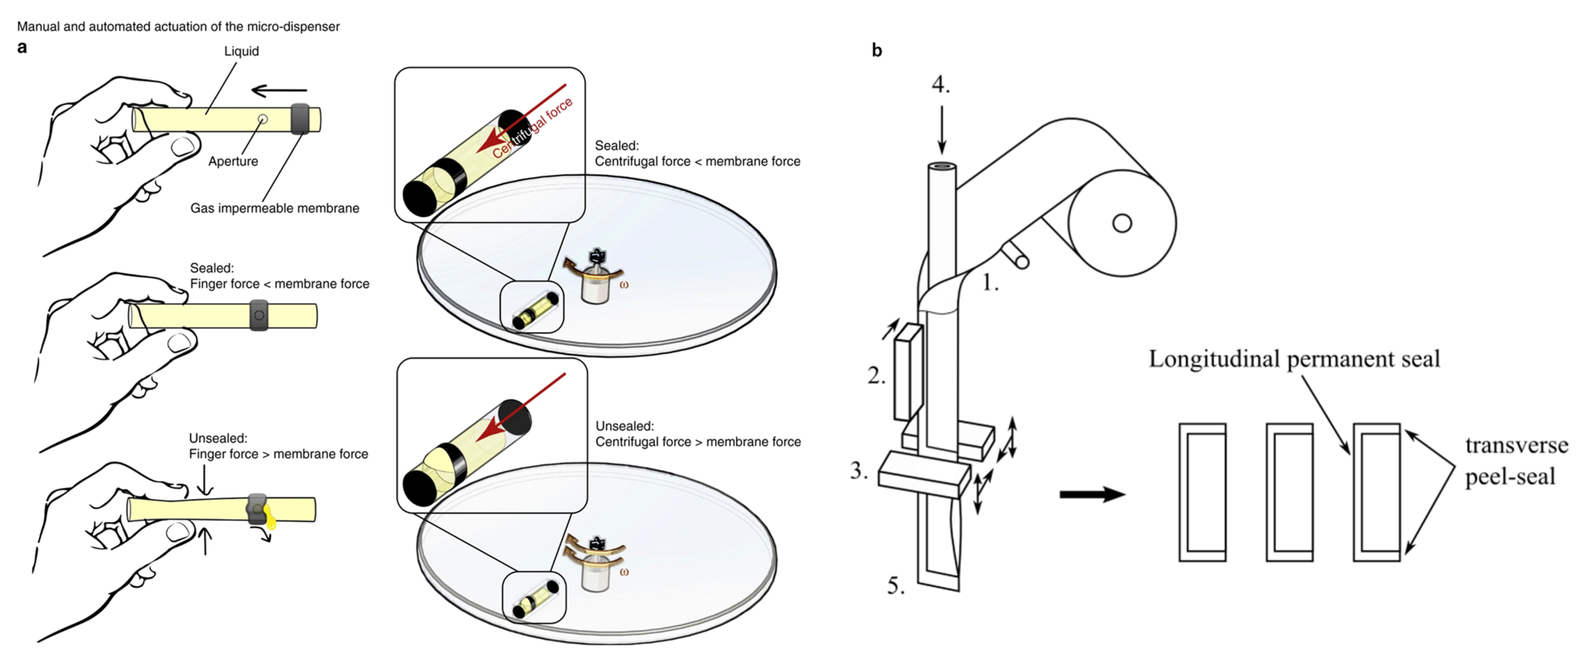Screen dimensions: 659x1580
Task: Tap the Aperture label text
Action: (233, 161)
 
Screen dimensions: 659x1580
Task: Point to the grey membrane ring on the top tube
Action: (300, 119)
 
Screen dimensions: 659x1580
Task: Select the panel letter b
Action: (877, 51)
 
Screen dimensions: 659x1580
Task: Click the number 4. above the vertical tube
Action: (940, 85)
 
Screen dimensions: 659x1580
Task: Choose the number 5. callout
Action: (896, 586)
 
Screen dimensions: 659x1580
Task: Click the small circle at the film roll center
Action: (1122, 223)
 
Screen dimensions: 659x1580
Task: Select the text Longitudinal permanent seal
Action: (1294, 359)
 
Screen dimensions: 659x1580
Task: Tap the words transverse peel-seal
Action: (1515, 461)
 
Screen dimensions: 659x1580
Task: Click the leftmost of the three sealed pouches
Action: (1202, 492)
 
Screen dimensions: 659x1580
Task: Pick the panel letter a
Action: (22, 48)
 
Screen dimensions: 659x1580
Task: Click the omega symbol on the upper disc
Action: (624, 285)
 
